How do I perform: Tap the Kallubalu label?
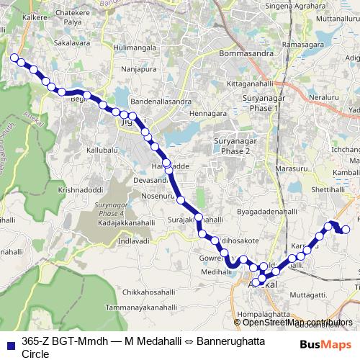[102, 152]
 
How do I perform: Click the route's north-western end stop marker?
[14, 57]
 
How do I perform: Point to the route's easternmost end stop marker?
[346, 230]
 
